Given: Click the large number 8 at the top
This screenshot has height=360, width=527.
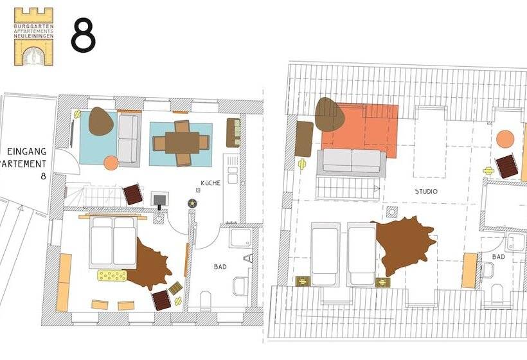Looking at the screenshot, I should [x=83, y=35].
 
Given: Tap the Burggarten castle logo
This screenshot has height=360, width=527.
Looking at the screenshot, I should [x=33, y=36].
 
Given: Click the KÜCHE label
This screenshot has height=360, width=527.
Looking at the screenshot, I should [x=210, y=183].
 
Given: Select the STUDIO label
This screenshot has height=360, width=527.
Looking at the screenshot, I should [x=425, y=192].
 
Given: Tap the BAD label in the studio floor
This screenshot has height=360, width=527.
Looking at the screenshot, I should [x=498, y=256].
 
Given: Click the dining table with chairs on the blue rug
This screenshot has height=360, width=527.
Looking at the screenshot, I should [x=182, y=142].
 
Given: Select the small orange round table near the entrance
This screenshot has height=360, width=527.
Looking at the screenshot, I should [x=111, y=163].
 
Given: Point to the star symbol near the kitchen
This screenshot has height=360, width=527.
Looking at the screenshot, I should [x=192, y=203].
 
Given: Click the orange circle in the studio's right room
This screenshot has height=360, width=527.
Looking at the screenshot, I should [x=505, y=139].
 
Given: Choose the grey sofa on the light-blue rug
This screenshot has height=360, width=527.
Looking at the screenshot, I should [x=129, y=139].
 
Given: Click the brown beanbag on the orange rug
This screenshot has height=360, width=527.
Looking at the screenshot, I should [x=330, y=114].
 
